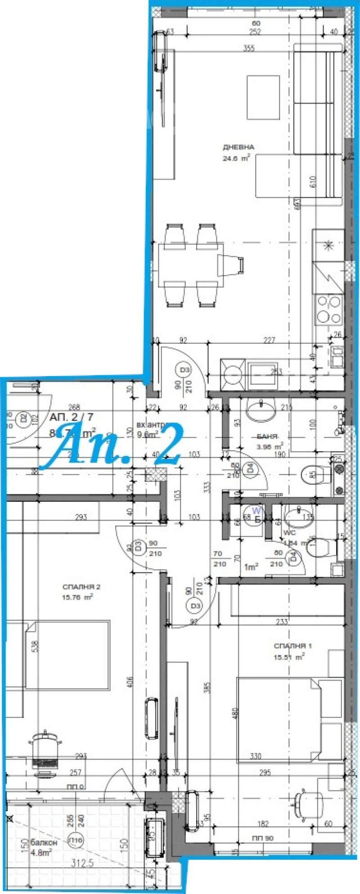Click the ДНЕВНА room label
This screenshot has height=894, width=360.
tap(238, 147)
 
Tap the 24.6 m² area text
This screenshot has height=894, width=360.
tap(236, 158)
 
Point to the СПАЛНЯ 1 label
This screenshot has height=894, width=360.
tap(292, 646)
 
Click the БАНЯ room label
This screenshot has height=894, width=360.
tap(267, 436)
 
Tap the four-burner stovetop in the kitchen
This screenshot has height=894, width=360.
tap(329, 310)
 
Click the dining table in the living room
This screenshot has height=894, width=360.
tap(190, 265)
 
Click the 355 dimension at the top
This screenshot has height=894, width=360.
tap(249, 49)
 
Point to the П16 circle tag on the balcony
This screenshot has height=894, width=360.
tap(75, 840)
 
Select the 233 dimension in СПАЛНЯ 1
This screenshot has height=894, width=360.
tap(282, 622)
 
